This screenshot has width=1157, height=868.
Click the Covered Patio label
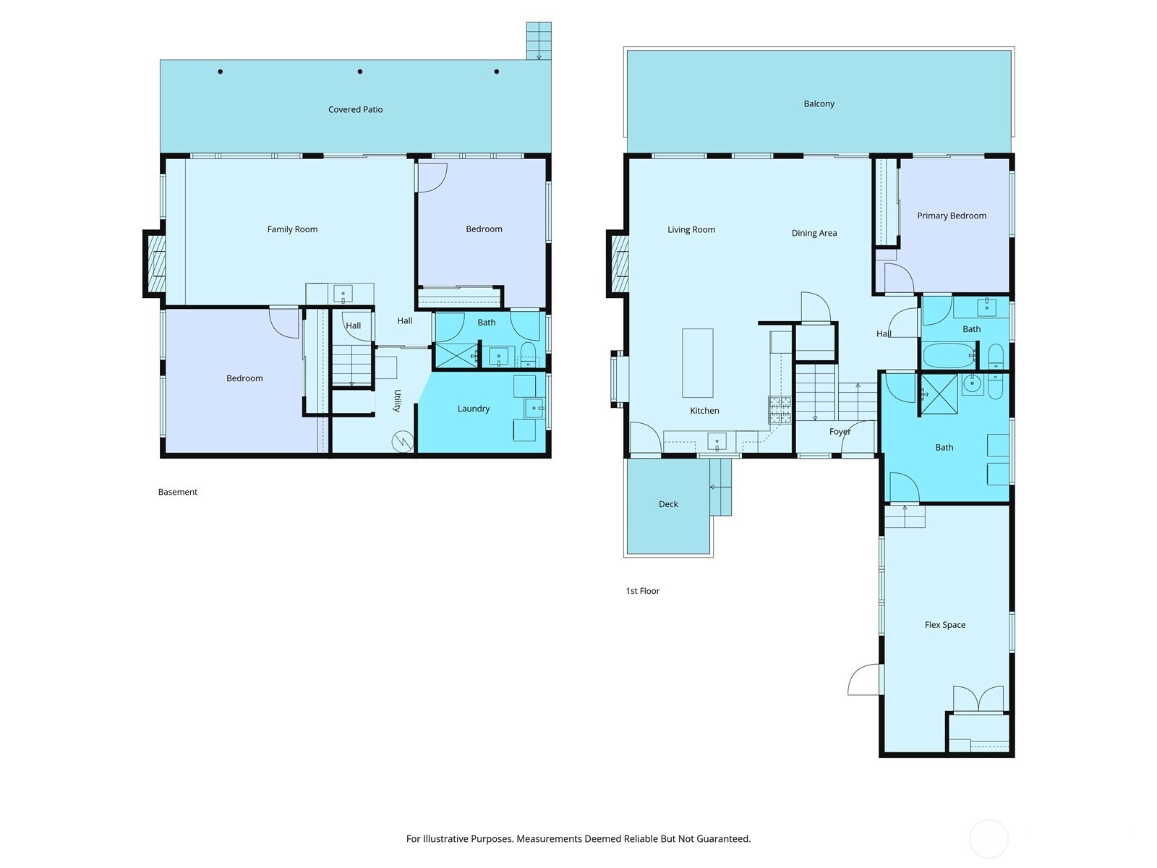(x=355, y=110)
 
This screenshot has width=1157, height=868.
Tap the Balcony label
(x=819, y=104)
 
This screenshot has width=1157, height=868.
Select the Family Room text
(x=292, y=229)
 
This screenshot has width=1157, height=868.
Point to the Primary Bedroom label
(x=952, y=216)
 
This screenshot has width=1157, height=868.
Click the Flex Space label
(x=945, y=624)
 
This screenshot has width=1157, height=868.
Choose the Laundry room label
(x=474, y=409)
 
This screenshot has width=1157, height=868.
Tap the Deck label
(x=668, y=504)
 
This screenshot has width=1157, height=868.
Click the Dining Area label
(x=814, y=233)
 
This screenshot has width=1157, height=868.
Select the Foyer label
(x=840, y=432)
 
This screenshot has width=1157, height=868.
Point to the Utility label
(x=398, y=401)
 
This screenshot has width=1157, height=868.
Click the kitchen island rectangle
(x=697, y=362)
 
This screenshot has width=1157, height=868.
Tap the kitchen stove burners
(x=780, y=410)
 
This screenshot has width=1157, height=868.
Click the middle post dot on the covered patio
(x=360, y=72)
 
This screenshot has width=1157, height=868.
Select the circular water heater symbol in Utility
(x=403, y=441)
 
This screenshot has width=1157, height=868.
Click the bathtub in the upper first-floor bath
(x=948, y=355)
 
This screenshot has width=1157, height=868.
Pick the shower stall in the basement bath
(x=456, y=355)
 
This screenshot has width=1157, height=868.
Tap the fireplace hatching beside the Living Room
(x=620, y=263)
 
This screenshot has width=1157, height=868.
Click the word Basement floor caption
(x=178, y=492)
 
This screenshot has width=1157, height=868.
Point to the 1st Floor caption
(x=643, y=591)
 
